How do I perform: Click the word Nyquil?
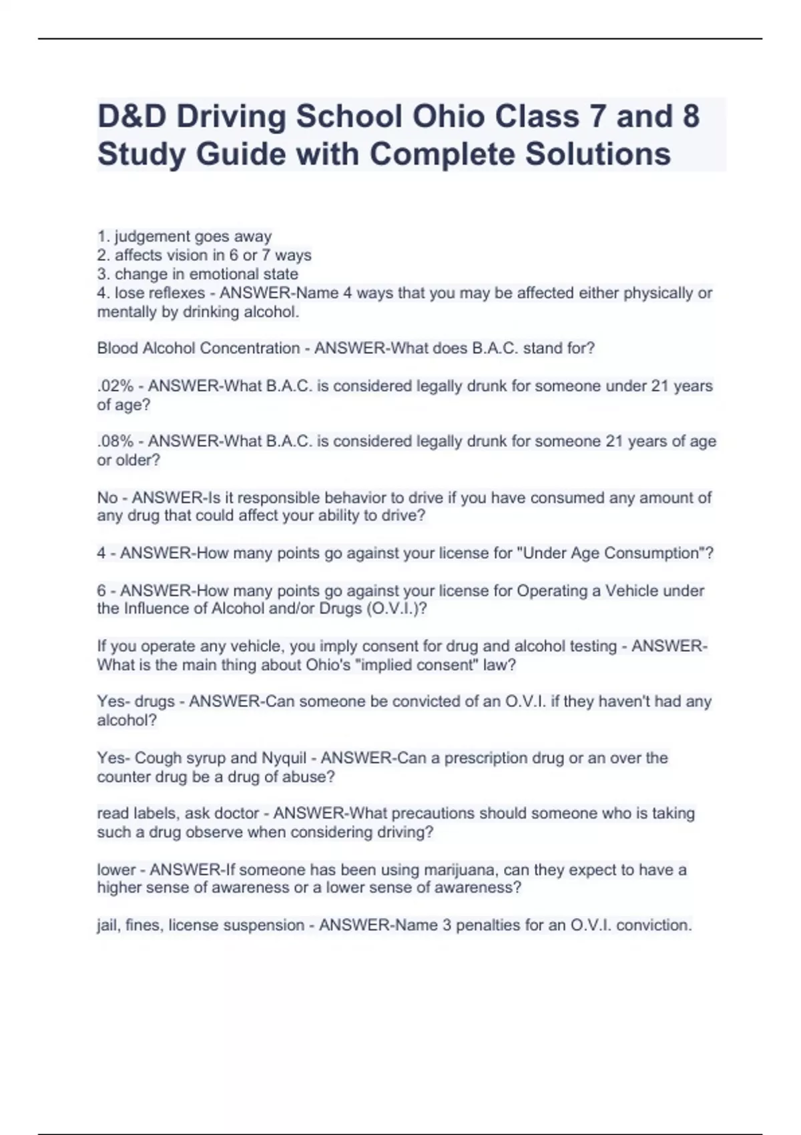tap(284, 758)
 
